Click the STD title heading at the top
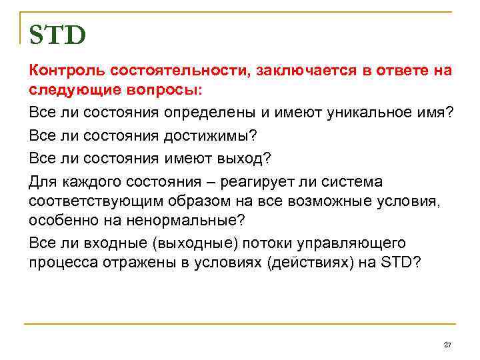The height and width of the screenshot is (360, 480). pyautogui.click(x=57, y=35)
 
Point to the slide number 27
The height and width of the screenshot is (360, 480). pyautogui.click(x=447, y=344)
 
